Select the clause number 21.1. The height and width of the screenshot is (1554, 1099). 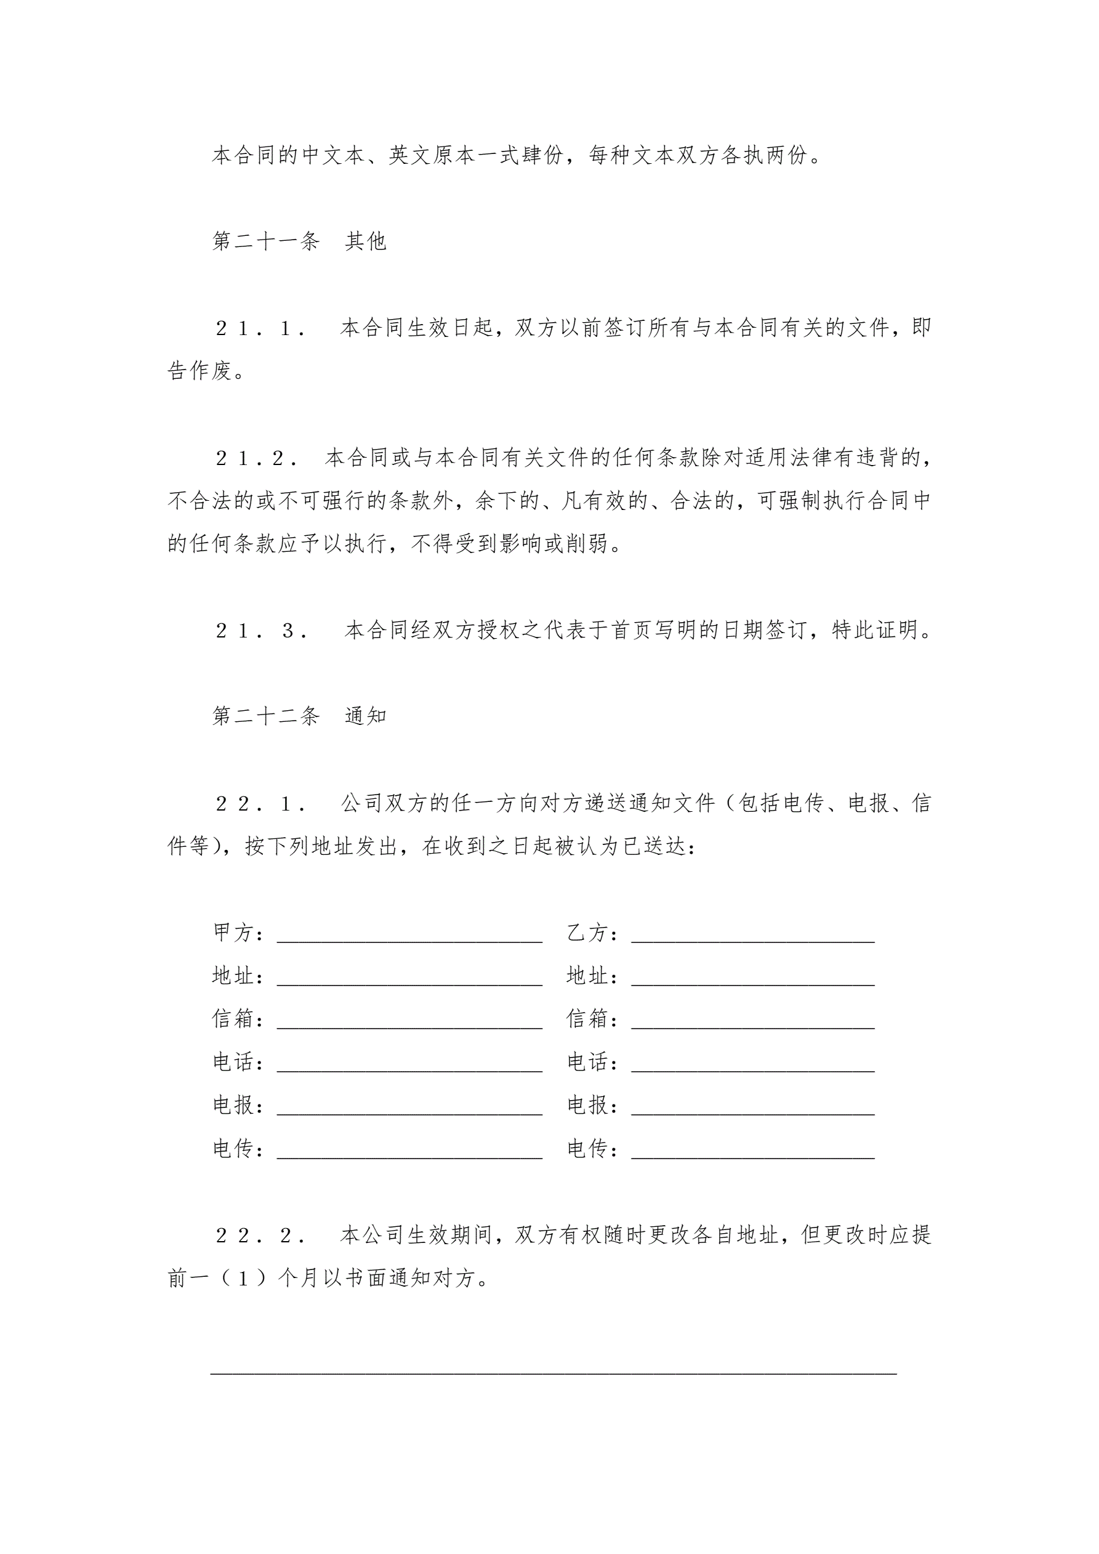pos(260,328)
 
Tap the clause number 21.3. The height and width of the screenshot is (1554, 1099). pos(262,631)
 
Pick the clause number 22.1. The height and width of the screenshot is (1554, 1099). pos(260,803)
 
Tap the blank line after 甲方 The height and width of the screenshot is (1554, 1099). pos(409,939)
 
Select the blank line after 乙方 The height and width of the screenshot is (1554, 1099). pos(752,939)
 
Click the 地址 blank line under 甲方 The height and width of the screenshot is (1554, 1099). pos(409,983)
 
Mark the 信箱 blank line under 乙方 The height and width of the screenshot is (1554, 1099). pos(752,1026)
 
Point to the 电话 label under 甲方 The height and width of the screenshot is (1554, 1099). pos(238,1062)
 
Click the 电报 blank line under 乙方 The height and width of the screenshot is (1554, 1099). pos(752,1113)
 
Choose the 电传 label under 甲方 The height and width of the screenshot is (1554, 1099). pos(238,1149)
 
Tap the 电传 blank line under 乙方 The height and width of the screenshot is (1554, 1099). pos(752,1156)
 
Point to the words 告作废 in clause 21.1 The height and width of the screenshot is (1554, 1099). pos(200,371)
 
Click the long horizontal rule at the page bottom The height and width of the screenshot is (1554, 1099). pos(554,1374)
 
